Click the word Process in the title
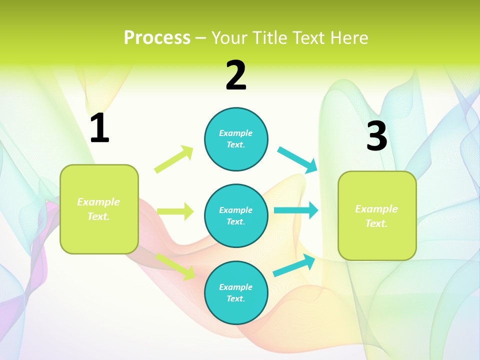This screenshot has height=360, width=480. pyautogui.click(x=157, y=38)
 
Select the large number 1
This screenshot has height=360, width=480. pyautogui.click(x=99, y=128)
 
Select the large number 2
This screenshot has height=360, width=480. pyautogui.click(x=236, y=76)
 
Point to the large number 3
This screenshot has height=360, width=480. pyautogui.click(x=376, y=136)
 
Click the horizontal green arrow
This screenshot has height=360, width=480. pyautogui.click(x=175, y=211)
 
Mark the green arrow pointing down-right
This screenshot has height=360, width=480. pyautogui.click(x=175, y=266)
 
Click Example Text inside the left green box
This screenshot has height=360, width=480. pyautogui.click(x=98, y=209)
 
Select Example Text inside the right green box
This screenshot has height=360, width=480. pyautogui.click(x=376, y=216)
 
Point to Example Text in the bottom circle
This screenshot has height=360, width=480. pyautogui.click(x=235, y=293)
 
